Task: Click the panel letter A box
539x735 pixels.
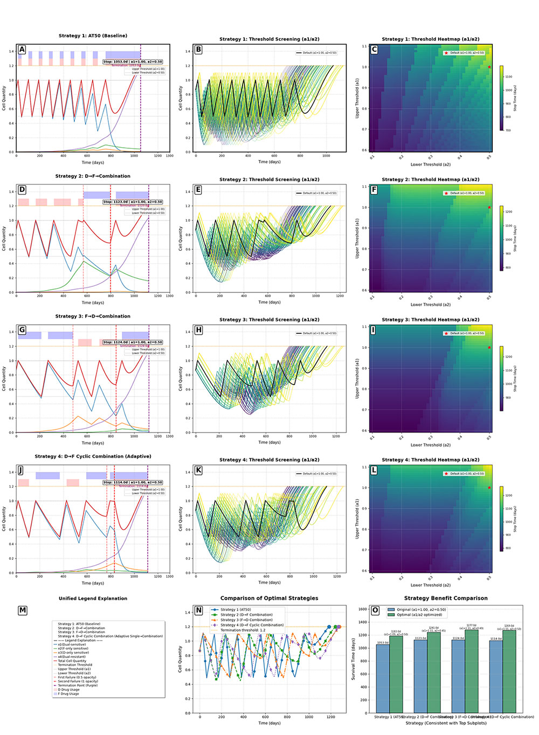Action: point(22,50)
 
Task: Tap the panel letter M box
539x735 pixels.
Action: point(22,610)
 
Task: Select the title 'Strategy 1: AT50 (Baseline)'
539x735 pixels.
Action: point(93,36)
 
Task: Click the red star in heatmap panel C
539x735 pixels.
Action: point(489,67)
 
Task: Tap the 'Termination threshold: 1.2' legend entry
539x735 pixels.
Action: point(243,630)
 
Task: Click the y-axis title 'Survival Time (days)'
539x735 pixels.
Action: point(354,659)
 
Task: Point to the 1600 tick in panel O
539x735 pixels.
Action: point(363,609)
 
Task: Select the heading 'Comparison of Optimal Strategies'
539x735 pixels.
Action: point(269,598)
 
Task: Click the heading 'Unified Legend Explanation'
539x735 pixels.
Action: point(93,598)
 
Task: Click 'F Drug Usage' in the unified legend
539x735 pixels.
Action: point(68,694)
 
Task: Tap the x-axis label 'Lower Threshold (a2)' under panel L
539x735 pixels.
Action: point(430,585)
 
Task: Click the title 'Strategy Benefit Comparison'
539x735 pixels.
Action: point(445,598)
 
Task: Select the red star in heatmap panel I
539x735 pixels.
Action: point(489,347)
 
